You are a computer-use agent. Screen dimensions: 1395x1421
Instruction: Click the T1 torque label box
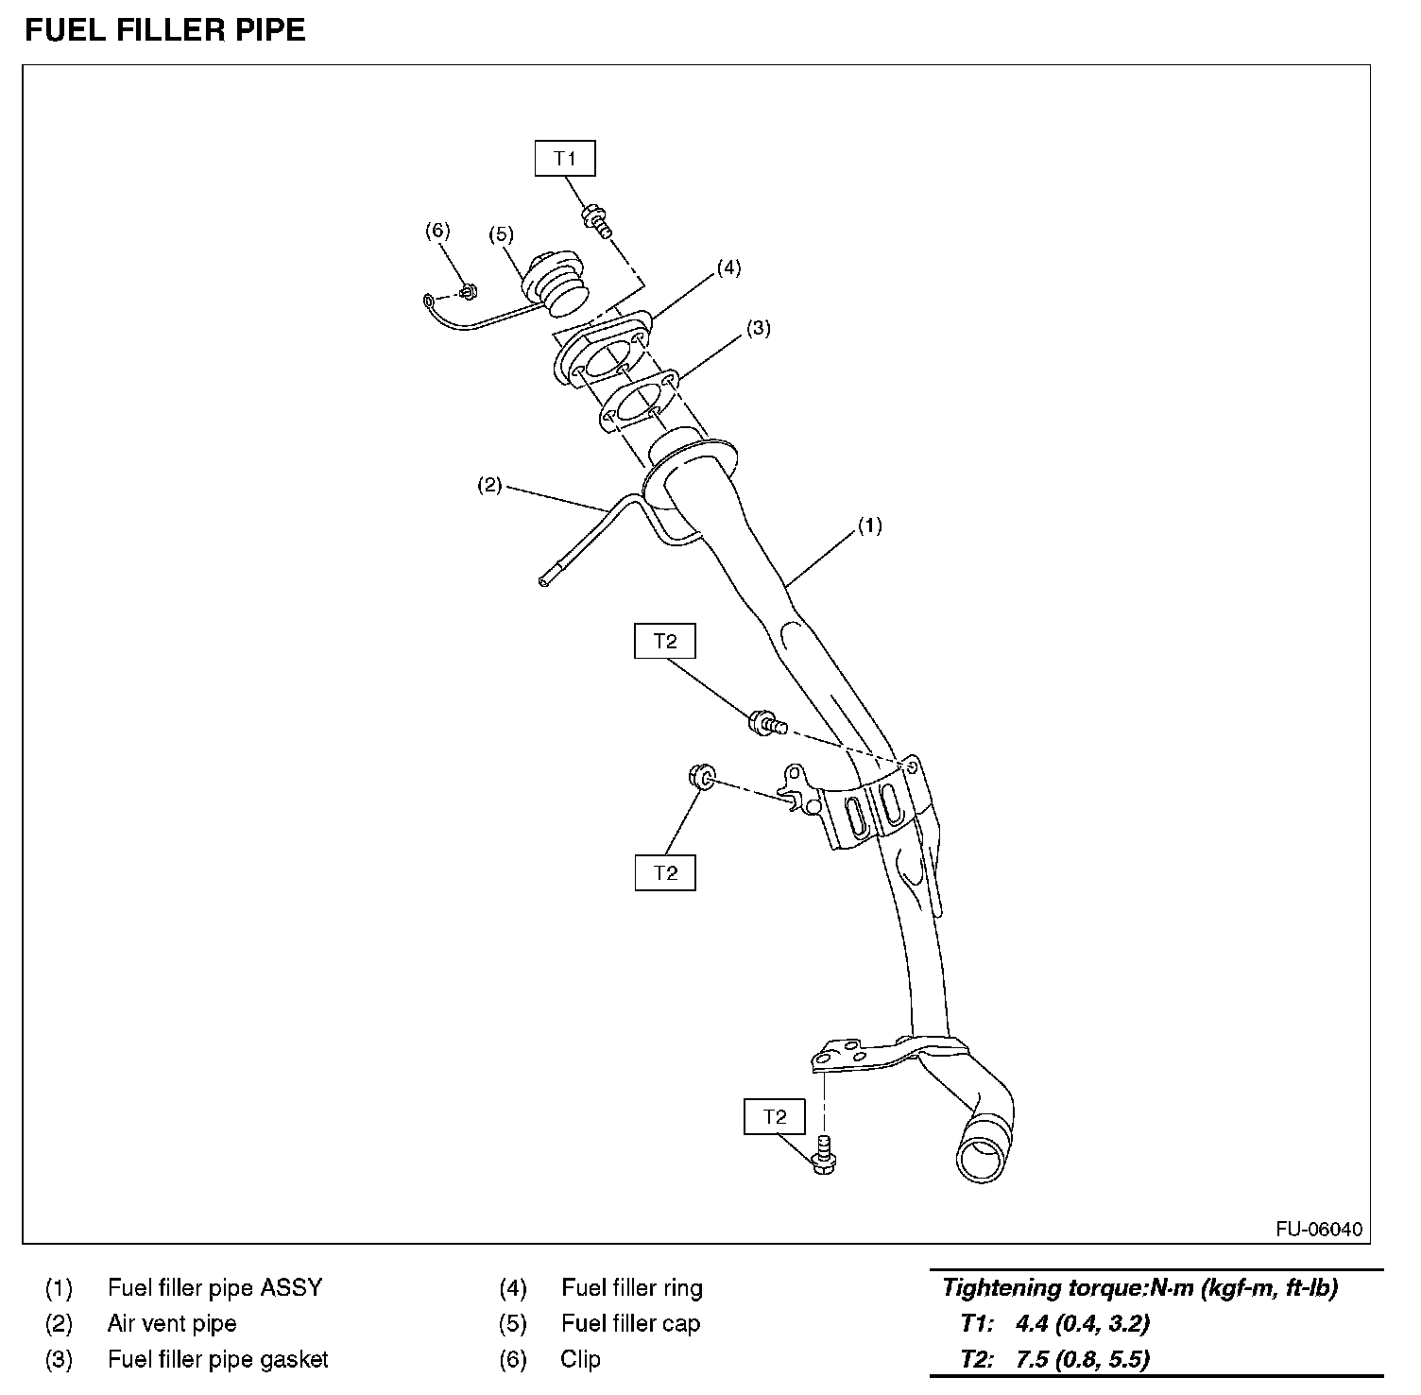coord(565,158)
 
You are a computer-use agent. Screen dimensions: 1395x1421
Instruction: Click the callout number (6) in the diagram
coord(437,231)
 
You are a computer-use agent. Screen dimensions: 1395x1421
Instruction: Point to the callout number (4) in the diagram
coord(728,267)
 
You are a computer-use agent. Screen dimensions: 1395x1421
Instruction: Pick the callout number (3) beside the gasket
coord(758,329)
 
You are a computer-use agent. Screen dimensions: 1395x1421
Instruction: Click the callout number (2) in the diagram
coord(488,487)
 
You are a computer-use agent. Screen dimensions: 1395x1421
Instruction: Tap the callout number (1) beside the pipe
coord(869,525)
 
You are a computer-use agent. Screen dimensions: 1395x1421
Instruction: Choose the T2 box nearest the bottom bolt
coord(775,1116)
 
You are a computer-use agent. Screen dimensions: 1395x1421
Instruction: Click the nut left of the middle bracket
coord(700,778)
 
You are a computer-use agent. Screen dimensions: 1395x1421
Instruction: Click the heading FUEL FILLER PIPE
coord(165,30)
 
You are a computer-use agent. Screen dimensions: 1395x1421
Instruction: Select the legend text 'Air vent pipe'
coord(172,1323)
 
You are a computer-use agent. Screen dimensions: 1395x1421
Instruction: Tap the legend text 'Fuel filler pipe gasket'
coord(217,1359)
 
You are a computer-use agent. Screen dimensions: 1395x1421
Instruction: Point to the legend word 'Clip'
coord(580,1359)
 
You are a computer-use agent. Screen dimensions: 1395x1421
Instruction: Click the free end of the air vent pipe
coord(544,581)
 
